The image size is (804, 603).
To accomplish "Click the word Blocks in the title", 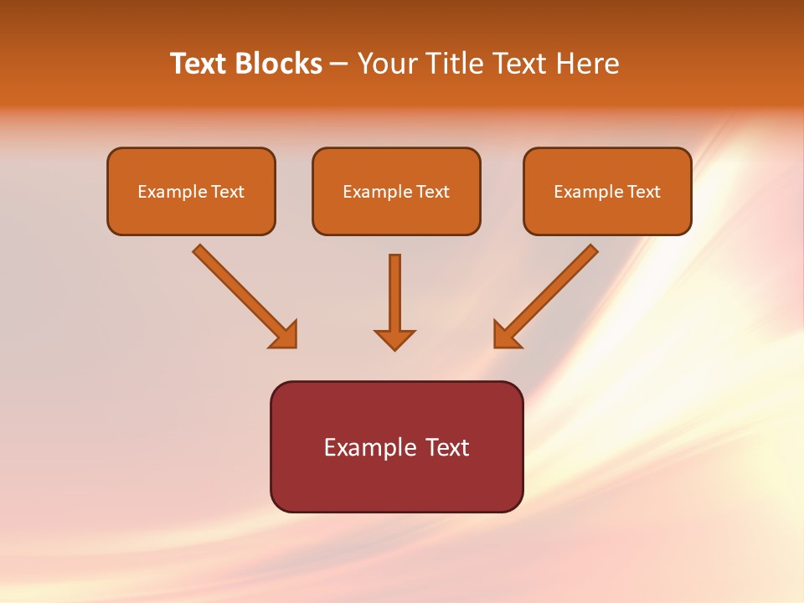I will [x=279, y=64].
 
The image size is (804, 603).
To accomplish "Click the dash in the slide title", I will [x=339, y=64].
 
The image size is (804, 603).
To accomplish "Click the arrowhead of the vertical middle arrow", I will [x=394, y=338].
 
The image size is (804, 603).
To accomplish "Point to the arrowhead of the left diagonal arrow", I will [x=285, y=335].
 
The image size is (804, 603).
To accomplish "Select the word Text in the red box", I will [x=447, y=447].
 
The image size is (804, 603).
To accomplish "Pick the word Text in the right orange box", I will [x=643, y=192].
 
